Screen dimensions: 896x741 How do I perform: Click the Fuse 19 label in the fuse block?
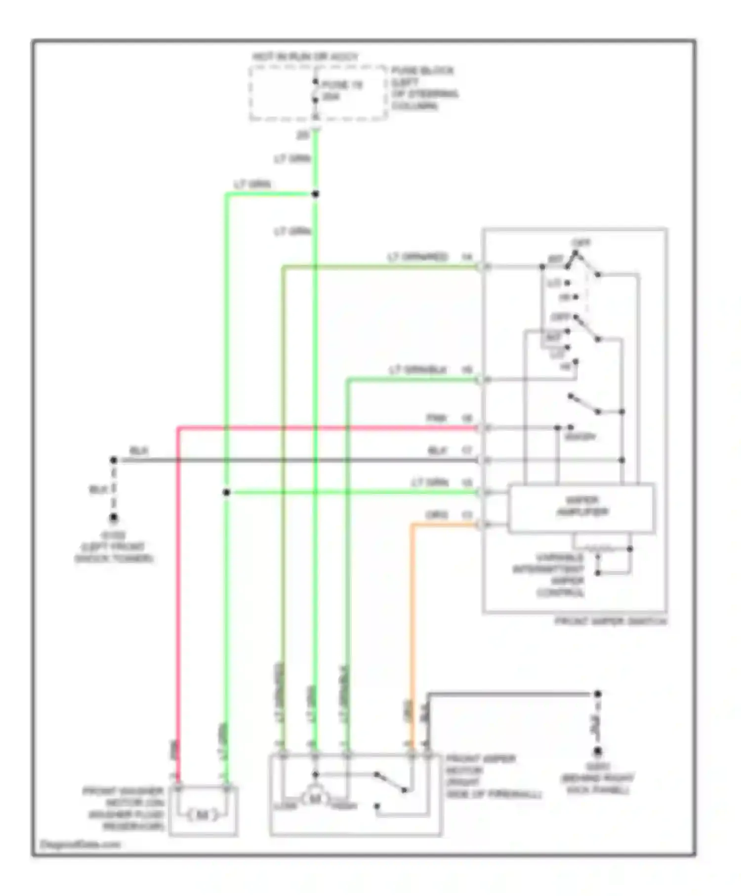click(x=342, y=85)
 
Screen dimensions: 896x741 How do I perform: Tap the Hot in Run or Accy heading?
click(x=305, y=57)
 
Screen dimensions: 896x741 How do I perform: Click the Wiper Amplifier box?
click(x=582, y=507)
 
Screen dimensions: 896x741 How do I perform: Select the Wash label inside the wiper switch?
click(x=580, y=437)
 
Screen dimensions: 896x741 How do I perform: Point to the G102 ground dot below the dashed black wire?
click(x=114, y=518)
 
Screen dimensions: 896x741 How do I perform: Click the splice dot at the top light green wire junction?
click(x=315, y=194)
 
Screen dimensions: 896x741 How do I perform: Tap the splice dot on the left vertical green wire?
click(x=226, y=492)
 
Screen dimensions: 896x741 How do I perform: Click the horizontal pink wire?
click(x=326, y=427)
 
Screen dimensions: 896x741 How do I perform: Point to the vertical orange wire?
click(x=412, y=617)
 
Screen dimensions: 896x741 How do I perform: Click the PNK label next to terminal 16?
click(x=436, y=418)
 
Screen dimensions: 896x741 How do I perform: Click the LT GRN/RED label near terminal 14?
click(x=417, y=257)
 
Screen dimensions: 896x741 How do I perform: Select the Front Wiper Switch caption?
click(x=611, y=621)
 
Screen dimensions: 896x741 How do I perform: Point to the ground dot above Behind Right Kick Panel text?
click(x=597, y=751)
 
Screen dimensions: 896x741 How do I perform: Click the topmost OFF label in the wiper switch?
click(x=581, y=243)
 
